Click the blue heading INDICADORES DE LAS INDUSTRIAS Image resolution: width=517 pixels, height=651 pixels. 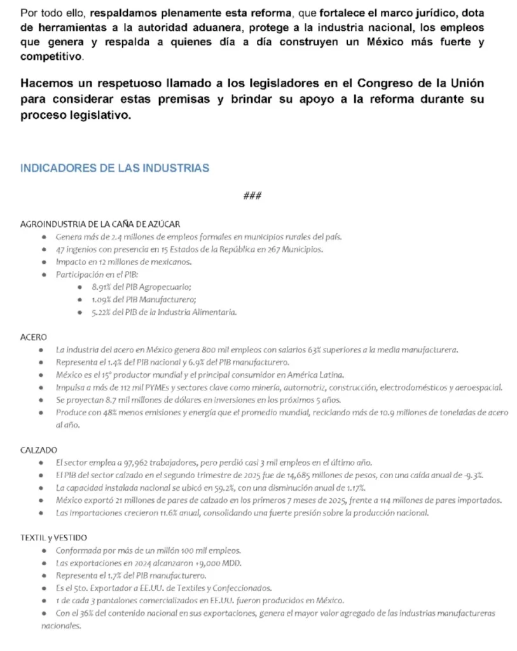pos(114,168)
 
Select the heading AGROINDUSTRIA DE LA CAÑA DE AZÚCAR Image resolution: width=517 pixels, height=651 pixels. pos(100,224)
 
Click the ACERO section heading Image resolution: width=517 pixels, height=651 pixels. pos(34,337)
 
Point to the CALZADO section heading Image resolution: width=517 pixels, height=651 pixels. pos(39,449)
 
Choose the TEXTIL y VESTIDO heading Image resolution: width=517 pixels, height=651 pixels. pos(53,537)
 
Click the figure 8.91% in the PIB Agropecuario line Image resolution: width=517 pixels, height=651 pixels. pos(102,287)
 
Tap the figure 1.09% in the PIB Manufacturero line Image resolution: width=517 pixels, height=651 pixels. pos(102,299)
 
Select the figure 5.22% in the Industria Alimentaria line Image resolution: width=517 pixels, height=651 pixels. pos(102,312)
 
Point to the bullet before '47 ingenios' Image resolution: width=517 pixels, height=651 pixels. pos(42,249)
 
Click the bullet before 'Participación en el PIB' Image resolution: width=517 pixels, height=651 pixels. pos(42,275)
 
